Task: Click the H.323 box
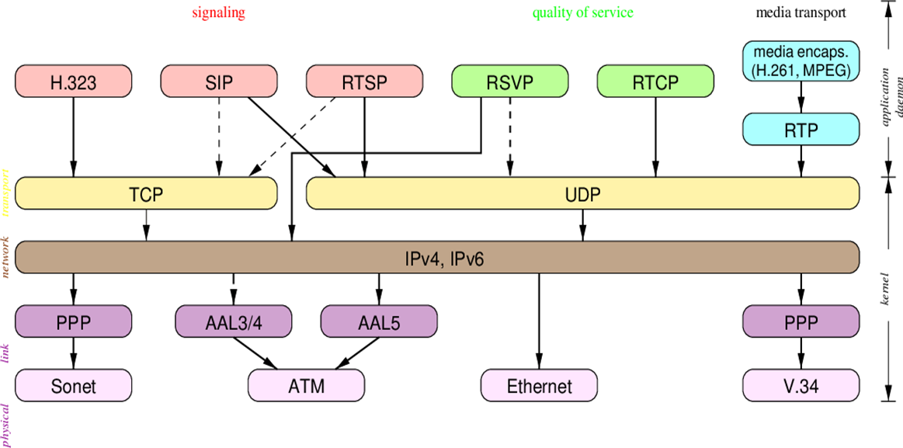coord(74,82)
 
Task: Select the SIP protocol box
coord(219,82)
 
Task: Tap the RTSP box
coord(364,82)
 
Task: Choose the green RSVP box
coord(509,82)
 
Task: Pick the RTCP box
coord(655,82)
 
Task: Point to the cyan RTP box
coord(801,129)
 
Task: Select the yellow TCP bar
coord(146,193)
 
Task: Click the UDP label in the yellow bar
coord(583,193)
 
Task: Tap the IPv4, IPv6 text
coord(444,257)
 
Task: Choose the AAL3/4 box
coord(233,321)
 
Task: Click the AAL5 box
coord(379,321)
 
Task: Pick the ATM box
coord(306,384)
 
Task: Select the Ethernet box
coord(539,384)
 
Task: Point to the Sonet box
coord(74,384)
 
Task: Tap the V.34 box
coord(801,384)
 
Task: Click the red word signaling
coord(218,13)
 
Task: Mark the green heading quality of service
coord(582,13)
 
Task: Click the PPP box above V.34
coord(801,321)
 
